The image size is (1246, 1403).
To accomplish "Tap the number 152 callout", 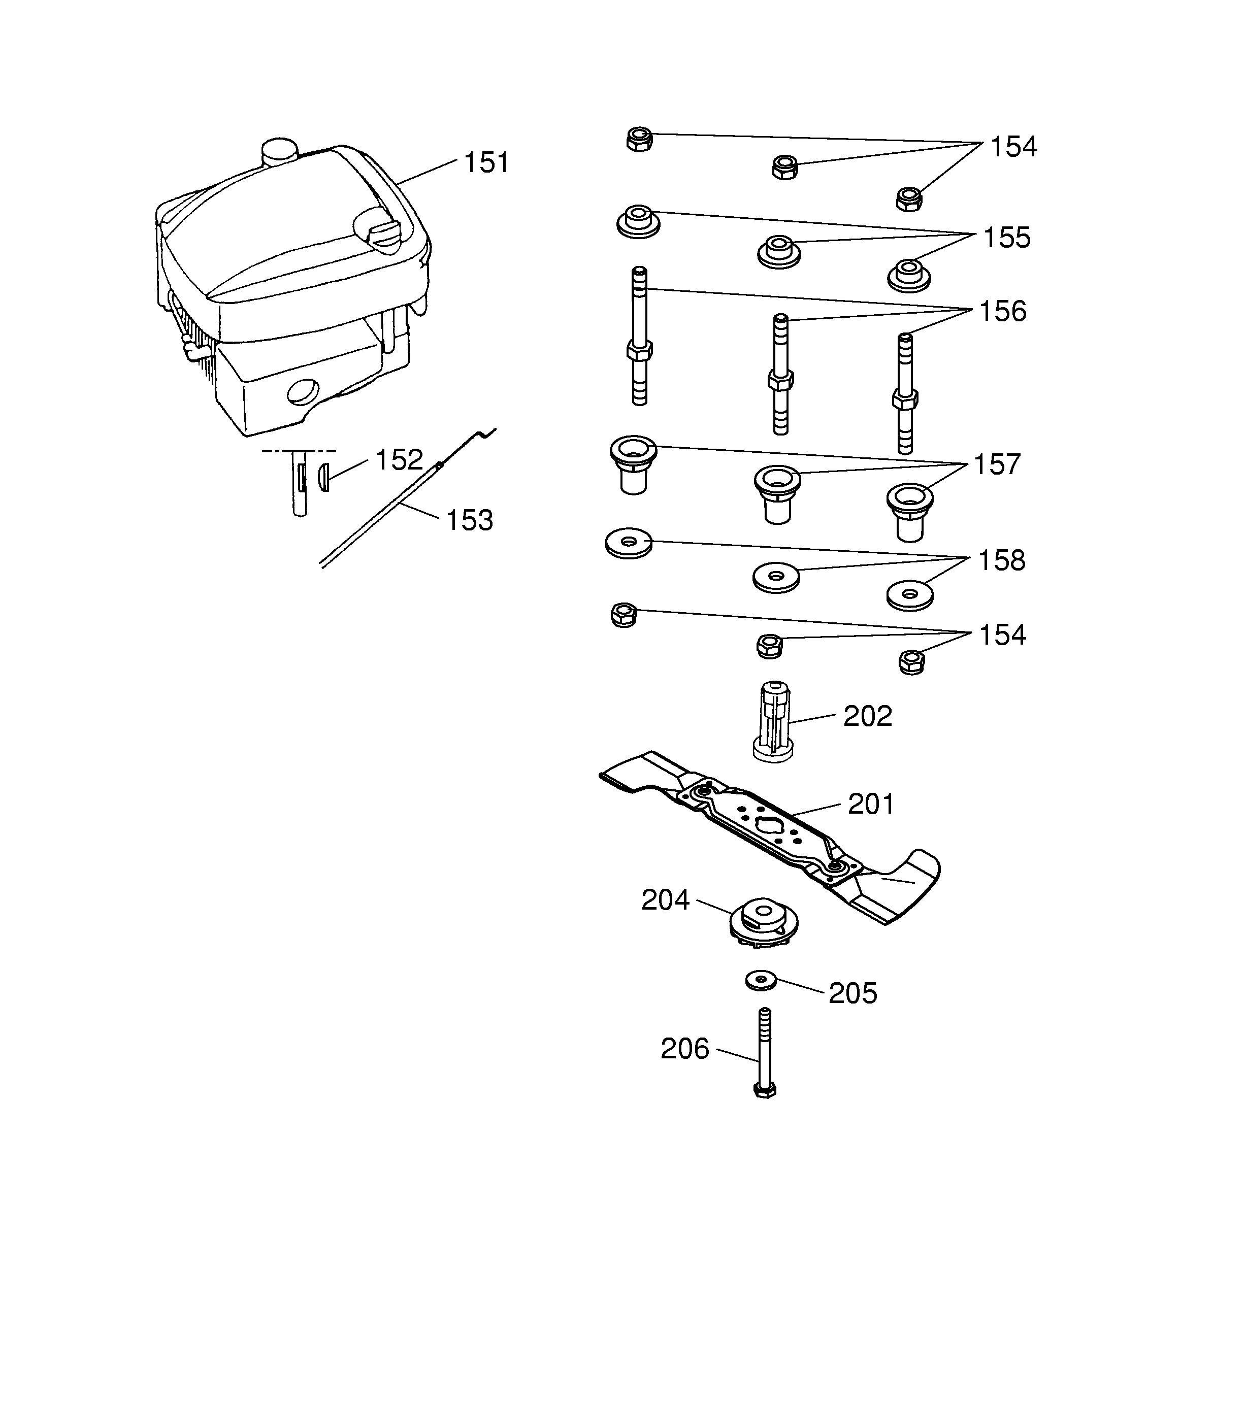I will pos(399,460).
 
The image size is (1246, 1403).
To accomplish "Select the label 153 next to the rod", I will pos(470,520).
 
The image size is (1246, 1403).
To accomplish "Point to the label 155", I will pos(1007,238).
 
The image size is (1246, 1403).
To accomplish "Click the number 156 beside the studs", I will pos(1002,312).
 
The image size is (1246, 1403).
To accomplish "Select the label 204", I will pos(665,900).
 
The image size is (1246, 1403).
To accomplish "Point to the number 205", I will pos(852,993).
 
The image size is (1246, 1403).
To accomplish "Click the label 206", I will pos(684,1049).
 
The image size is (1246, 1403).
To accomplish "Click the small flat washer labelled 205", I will pos(761,980).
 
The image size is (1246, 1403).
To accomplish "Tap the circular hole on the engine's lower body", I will pos(302,391).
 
